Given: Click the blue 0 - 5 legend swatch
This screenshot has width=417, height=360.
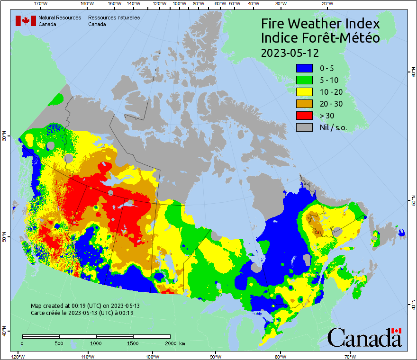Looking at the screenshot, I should pos(305,68).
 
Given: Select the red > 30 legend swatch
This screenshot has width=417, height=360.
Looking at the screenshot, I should pos(305,116).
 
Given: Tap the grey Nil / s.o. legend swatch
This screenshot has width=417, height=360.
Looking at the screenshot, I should pos(305,127).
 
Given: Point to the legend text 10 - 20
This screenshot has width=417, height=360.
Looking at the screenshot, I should pos(331,92).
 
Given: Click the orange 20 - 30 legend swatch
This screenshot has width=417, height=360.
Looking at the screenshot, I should pos(305,104).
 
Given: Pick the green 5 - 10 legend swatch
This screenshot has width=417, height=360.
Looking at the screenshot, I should pos(305,80).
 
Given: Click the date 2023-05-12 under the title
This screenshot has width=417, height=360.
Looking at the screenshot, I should pos(290,52).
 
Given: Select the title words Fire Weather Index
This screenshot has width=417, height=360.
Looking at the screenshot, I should pos(321,24).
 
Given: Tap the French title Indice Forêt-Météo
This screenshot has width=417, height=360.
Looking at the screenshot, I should pos(321,38).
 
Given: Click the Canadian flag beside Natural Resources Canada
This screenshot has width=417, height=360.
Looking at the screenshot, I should pos(26,21).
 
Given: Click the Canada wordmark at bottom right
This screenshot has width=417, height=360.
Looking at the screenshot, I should pos(364,337).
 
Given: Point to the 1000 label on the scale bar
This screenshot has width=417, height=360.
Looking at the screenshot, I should pos(96,343).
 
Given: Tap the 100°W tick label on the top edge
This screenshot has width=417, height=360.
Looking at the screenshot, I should pos(179,4).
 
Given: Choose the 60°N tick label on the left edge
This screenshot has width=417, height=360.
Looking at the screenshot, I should pos(4,138).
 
